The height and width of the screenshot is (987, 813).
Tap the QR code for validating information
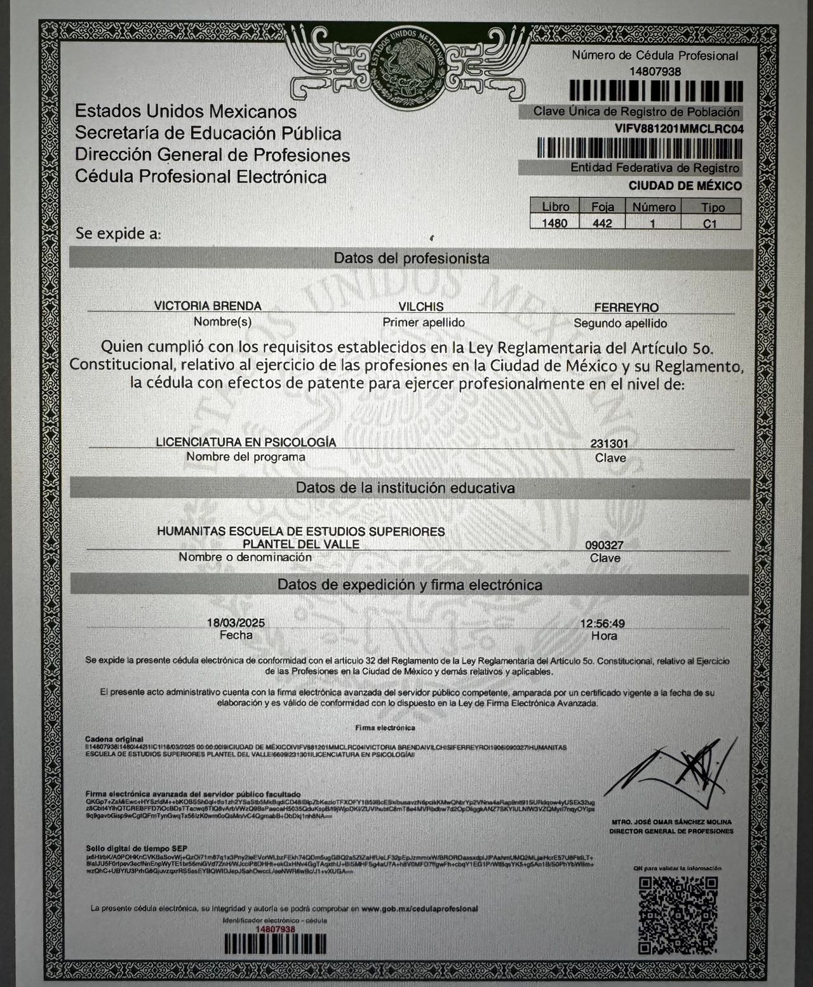coord(678,915)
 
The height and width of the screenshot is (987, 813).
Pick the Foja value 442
coord(601,223)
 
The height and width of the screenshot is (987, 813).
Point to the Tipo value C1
coord(709,223)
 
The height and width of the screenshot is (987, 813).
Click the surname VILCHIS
coord(420,307)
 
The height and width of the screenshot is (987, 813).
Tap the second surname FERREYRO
coord(626,308)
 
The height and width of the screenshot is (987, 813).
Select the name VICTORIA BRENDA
coord(208,306)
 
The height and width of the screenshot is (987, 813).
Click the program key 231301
coord(609,444)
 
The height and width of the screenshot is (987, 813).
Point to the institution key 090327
coord(604,545)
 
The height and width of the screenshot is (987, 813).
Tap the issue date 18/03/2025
coord(236,623)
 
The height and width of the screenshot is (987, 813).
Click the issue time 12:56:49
coord(602,624)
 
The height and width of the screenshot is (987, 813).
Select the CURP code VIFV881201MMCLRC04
coord(679,129)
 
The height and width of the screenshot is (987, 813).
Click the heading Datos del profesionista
coord(411,258)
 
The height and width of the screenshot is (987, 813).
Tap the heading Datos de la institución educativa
coord(405,488)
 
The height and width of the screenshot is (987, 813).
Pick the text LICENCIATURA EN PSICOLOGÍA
coord(246,442)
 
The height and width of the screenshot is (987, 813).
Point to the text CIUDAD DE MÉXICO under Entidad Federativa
coord(685,186)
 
